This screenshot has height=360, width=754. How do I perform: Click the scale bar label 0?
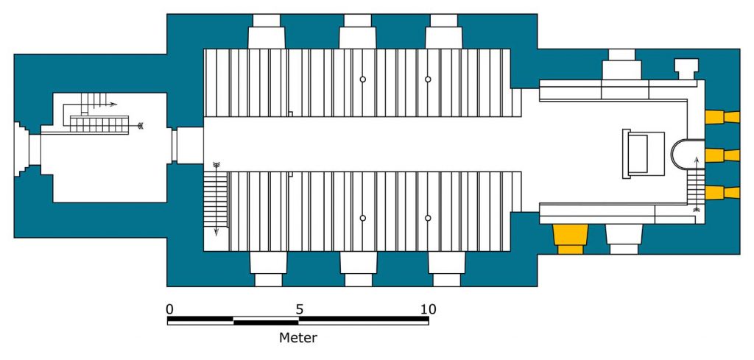tap(170, 309)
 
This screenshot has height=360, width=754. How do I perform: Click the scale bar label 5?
tap(299, 309)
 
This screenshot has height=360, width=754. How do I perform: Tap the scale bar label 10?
tap(428, 309)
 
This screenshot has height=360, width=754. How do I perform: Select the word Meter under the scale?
tap(298, 338)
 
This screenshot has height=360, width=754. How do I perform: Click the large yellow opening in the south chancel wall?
tap(571, 238)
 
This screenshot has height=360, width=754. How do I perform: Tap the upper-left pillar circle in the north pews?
tap(362, 80)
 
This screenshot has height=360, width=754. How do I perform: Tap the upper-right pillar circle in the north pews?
tap(428, 80)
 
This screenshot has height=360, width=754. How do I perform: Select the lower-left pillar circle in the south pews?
tap(362, 218)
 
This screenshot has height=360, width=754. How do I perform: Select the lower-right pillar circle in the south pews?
tap(428, 218)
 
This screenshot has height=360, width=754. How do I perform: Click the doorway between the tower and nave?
tap(188, 145)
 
